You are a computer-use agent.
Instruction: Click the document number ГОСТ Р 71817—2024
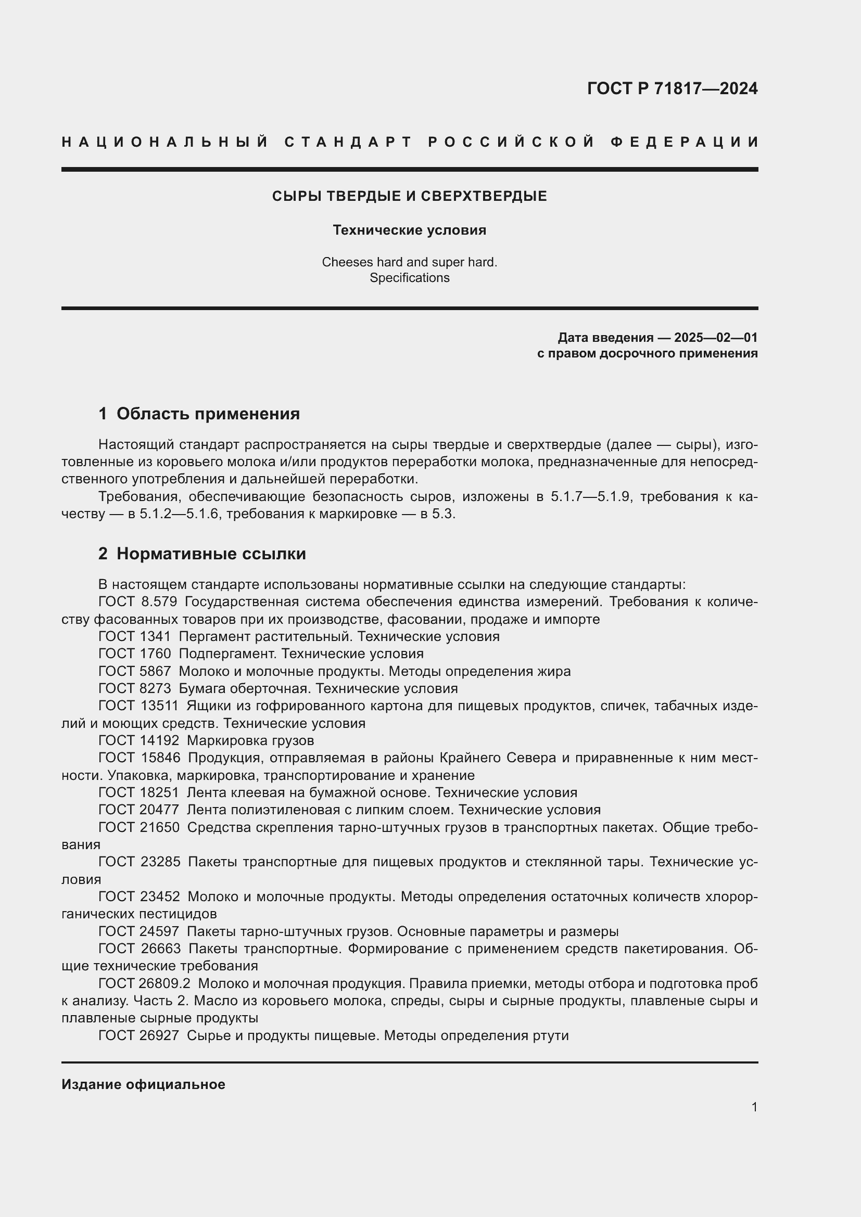[672, 88]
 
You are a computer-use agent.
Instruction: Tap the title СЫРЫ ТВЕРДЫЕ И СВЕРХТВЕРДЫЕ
[409, 196]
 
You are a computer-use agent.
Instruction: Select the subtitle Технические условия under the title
[409, 230]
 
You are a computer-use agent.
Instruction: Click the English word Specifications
[409, 278]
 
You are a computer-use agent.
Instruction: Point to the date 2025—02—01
[715, 338]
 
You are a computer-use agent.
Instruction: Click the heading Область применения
[208, 414]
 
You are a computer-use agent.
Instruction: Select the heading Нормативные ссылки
[211, 554]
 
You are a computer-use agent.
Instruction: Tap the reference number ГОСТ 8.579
[137, 601]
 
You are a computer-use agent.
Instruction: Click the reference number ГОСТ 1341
[134, 636]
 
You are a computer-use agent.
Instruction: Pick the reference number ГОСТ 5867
[134, 671]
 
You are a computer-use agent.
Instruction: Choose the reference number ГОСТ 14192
[138, 740]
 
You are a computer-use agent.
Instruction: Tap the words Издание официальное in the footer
[143, 1084]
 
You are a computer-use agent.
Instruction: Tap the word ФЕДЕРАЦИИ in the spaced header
[685, 142]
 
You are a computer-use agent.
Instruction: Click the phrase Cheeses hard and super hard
[409, 262]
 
